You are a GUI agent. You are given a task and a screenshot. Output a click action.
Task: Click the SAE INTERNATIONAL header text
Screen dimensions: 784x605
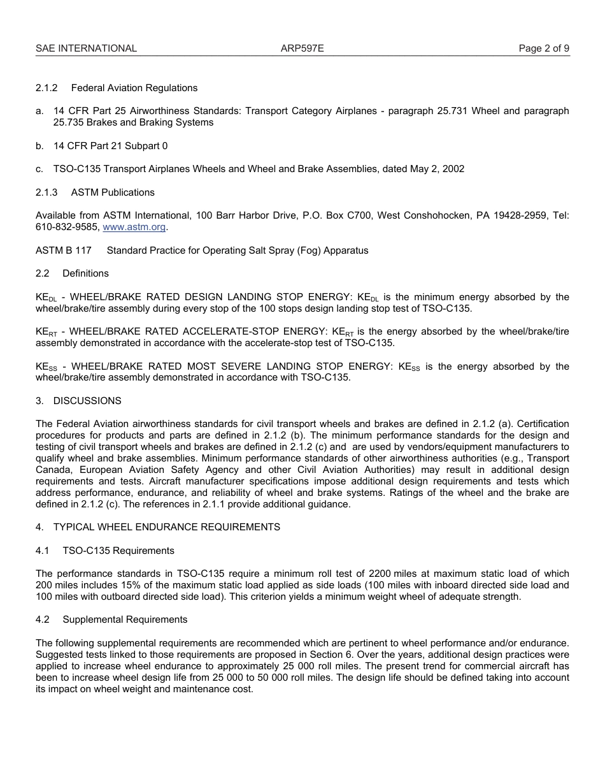tap(86, 48)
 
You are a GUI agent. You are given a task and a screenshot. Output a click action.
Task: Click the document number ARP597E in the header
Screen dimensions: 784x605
tap(302, 48)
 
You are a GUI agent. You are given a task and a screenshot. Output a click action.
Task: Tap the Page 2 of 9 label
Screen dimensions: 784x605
tap(544, 48)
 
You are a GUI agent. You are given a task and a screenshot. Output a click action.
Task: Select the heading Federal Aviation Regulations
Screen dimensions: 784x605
tap(134, 88)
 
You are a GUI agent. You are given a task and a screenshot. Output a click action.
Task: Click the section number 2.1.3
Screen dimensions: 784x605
tap(46, 192)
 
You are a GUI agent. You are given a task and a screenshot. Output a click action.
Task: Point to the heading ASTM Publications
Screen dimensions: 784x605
tap(113, 192)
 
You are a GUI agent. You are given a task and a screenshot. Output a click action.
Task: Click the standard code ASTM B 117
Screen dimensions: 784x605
tap(63, 250)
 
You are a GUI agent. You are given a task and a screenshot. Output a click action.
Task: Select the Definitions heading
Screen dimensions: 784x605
tap(85, 273)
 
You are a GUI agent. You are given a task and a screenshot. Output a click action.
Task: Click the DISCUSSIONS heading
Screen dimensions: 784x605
tap(87, 401)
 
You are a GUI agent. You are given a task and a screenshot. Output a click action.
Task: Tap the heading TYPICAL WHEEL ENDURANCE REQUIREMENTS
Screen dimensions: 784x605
tap(166, 527)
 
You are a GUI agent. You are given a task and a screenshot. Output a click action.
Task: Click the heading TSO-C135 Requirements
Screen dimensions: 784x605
tap(118, 551)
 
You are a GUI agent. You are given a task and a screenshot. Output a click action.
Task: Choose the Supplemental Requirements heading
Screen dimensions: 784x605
tap(125, 620)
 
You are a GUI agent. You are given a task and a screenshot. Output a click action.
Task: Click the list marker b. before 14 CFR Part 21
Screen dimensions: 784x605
tap(39, 146)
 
